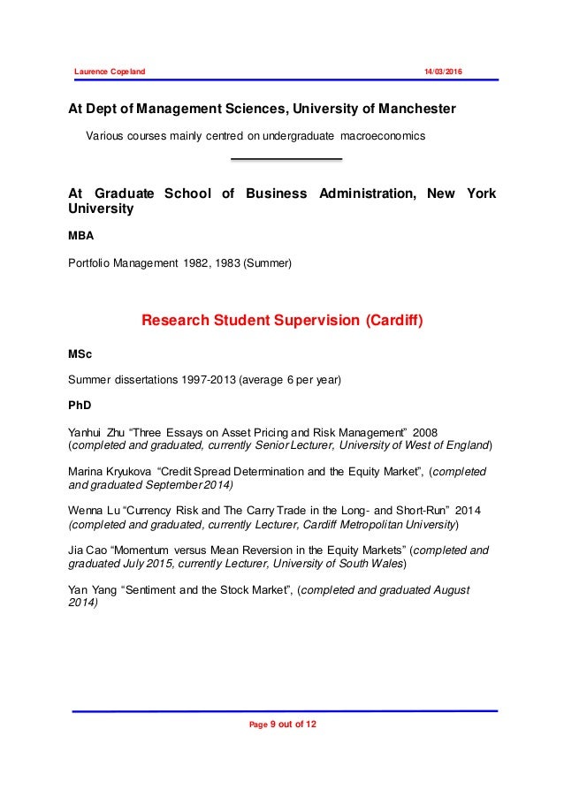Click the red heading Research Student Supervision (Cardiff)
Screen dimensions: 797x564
click(x=283, y=320)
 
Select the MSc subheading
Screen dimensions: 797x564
click(x=80, y=354)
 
